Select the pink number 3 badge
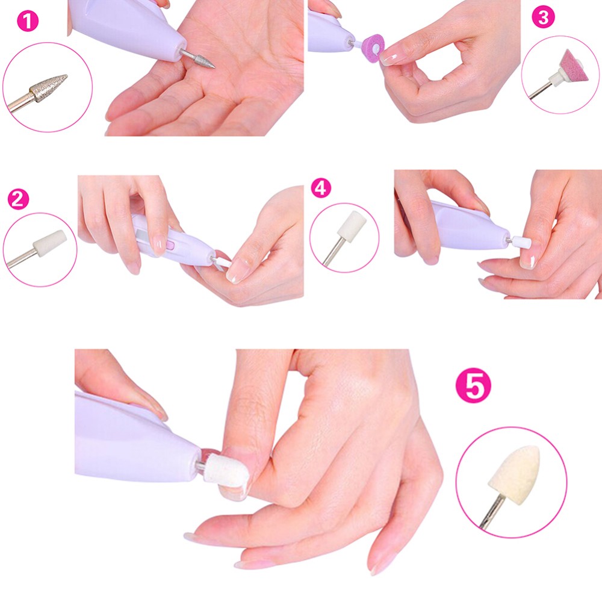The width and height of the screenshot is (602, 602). tap(544, 17)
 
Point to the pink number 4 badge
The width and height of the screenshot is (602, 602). tap(321, 187)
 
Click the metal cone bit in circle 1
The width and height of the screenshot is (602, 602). tap(48, 89)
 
